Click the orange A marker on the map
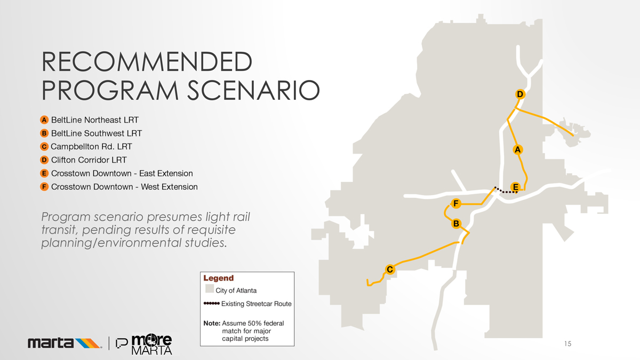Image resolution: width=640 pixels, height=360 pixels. click(517, 149)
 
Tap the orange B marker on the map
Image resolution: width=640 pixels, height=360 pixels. click(456, 223)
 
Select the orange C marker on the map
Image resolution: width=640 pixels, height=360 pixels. click(390, 269)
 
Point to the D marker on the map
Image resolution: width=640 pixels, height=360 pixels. click(520, 94)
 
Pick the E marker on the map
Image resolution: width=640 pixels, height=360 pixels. click(515, 186)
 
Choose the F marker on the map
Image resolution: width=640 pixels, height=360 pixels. click(455, 203)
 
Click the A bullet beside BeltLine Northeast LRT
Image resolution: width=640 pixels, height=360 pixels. click(45, 119)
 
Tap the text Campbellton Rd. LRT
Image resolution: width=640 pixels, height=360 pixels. click(91, 146)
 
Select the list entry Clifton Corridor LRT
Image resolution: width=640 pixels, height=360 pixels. click(89, 159)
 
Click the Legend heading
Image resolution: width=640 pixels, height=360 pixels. click(218, 278)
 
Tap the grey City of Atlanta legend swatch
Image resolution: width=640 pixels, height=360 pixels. click(210, 289)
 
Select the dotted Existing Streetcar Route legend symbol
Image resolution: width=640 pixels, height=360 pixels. click(212, 303)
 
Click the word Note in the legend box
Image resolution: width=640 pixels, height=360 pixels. click(212, 323)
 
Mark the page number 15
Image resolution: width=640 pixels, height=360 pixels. click(567, 344)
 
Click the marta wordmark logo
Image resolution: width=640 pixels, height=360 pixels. click(64, 343)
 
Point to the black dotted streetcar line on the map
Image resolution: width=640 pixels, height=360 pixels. click(505, 191)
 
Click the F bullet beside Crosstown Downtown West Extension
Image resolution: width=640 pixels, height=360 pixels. click(45, 187)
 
